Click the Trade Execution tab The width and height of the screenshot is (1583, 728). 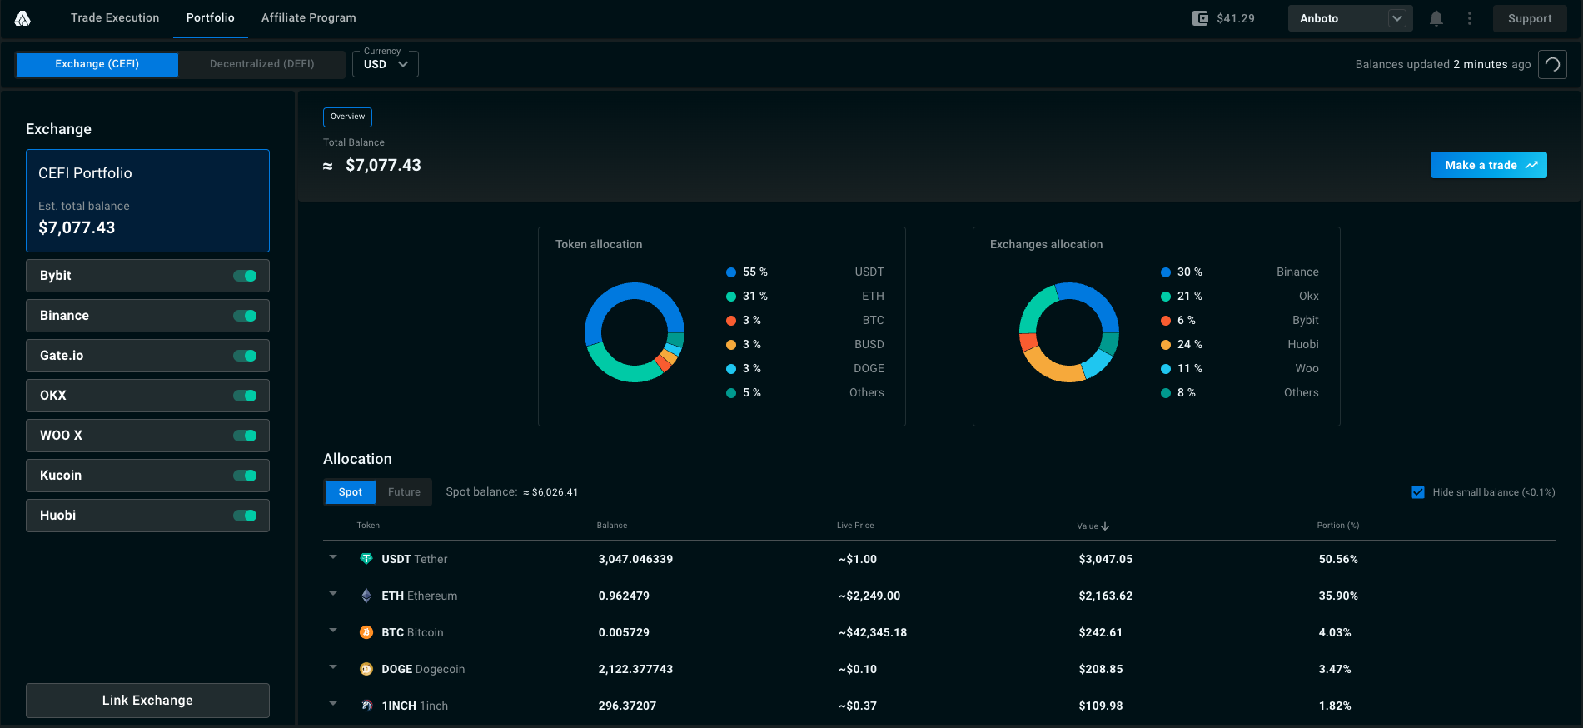(x=115, y=17)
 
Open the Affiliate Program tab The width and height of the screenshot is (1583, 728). (x=309, y=17)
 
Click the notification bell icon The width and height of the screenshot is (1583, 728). (x=1436, y=18)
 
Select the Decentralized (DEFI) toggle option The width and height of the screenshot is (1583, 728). (x=262, y=64)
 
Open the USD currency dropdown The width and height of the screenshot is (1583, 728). (x=386, y=64)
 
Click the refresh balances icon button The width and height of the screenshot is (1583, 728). (x=1552, y=64)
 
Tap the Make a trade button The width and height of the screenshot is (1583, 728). (x=1488, y=165)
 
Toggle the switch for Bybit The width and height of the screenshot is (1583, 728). (x=245, y=276)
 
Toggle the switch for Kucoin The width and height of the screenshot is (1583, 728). (x=245, y=476)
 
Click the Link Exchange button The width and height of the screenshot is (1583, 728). (x=147, y=701)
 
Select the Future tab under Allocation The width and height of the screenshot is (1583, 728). (x=404, y=492)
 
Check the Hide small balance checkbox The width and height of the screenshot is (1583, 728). (x=1418, y=492)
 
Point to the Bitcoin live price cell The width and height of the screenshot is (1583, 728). (x=873, y=632)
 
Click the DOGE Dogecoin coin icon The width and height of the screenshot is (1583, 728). (x=366, y=669)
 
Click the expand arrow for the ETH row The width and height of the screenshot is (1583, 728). (x=333, y=594)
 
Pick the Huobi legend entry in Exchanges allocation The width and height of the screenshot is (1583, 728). (x=1240, y=344)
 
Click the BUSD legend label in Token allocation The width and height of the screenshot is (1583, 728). (x=869, y=344)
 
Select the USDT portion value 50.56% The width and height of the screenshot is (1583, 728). (x=1338, y=559)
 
